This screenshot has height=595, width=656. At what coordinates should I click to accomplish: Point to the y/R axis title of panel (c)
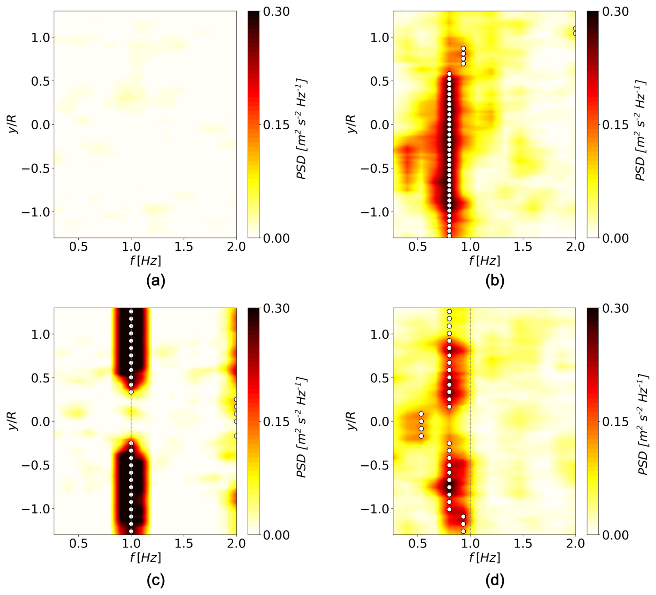[x=12, y=421]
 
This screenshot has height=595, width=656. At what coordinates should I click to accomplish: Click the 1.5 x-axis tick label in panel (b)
[x=523, y=247]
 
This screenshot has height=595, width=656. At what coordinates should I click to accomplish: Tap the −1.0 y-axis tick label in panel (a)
[x=36, y=212]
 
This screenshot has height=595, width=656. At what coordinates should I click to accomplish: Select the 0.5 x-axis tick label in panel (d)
[x=418, y=543]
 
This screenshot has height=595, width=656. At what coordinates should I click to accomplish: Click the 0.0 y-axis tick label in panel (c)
[x=41, y=422]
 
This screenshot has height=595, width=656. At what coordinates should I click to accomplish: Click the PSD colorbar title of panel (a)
[x=302, y=129]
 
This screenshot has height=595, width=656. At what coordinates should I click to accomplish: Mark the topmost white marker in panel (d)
[x=449, y=312]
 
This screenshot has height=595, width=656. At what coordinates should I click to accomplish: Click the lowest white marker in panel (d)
[x=463, y=531]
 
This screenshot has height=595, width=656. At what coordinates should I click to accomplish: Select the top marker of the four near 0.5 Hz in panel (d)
[x=421, y=414]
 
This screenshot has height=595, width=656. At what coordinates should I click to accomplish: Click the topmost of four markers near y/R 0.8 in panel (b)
[x=463, y=49]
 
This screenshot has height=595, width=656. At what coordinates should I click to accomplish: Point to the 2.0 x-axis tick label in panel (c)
[x=236, y=543]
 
